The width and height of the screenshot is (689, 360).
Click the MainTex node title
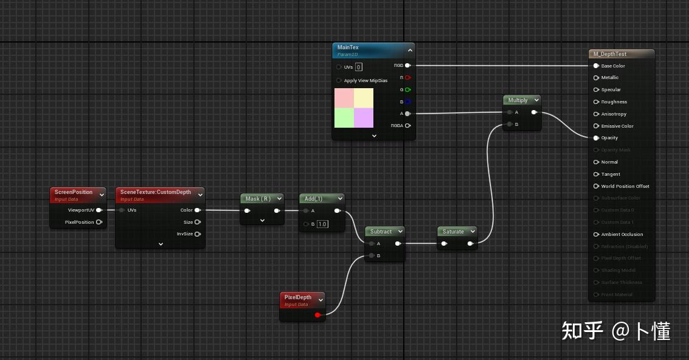tap(348, 47)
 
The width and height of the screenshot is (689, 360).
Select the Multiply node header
tap(518, 100)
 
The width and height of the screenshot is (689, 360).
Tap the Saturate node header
tap(453, 232)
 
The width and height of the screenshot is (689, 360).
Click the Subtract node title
tap(381, 232)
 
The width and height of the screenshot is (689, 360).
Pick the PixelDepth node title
tap(298, 297)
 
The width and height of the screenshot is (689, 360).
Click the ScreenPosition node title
tap(74, 192)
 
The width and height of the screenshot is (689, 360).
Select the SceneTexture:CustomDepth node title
tap(156, 192)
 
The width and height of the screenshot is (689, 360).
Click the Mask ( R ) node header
tap(257, 199)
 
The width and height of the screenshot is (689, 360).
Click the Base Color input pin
tap(596, 66)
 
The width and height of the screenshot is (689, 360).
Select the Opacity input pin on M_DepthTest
tap(596, 138)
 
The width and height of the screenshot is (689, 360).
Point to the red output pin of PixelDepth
tap(317, 315)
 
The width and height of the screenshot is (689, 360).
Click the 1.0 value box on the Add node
tap(322, 224)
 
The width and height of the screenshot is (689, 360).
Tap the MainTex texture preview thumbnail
tap(354, 108)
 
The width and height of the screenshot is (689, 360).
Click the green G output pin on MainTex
tap(407, 90)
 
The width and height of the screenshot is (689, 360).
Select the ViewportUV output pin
tap(99, 210)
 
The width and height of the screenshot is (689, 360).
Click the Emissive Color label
tap(617, 126)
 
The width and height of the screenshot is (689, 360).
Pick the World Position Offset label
tap(625, 186)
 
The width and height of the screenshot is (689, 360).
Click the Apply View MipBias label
tap(365, 80)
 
